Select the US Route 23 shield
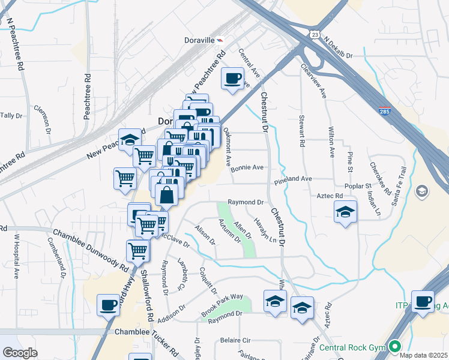coord(315,35)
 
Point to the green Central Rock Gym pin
coord(394,346)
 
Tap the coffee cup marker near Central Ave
coord(233,79)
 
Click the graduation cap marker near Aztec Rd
coord(346,212)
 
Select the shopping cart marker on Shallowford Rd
coord(138,250)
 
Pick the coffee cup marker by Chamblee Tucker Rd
coord(109,305)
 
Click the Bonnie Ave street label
coord(248,168)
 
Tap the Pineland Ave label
coord(294,179)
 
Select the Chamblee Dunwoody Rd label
coord(90,249)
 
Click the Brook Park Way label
coord(222,305)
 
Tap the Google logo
coord(20,353)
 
